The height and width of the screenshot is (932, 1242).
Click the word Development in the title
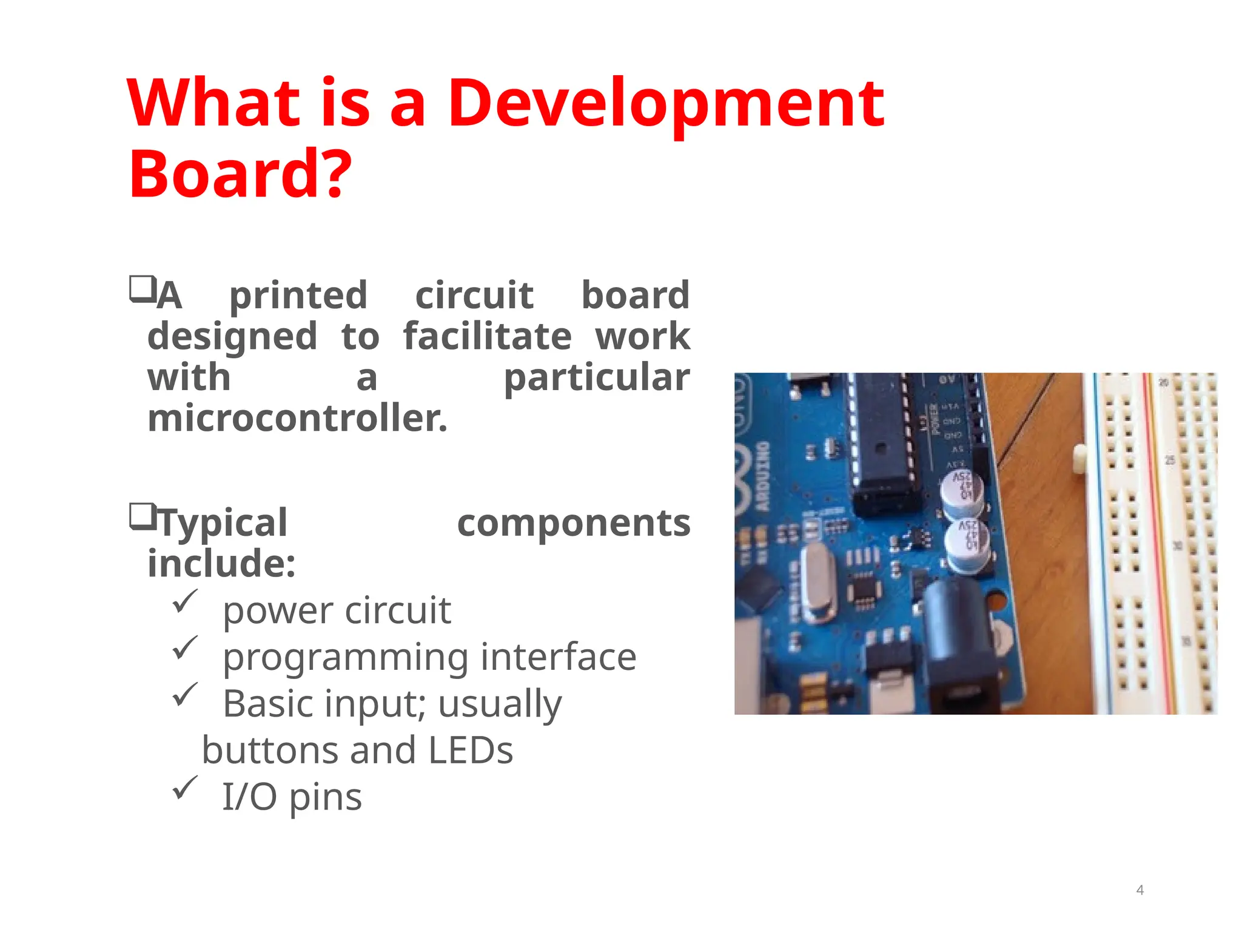click(665, 104)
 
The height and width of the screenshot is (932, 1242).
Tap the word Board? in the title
click(240, 175)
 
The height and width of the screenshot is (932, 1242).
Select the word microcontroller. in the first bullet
click(297, 419)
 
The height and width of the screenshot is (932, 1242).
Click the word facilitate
click(487, 336)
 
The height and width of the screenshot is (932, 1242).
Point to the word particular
click(597, 377)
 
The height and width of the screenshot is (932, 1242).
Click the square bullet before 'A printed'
click(143, 289)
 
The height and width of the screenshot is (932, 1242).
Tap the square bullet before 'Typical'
click(143, 516)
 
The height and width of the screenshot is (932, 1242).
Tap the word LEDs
click(471, 750)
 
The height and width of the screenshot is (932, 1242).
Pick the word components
click(573, 523)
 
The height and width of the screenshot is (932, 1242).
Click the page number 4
click(1140, 890)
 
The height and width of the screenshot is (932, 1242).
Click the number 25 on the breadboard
click(1170, 461)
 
